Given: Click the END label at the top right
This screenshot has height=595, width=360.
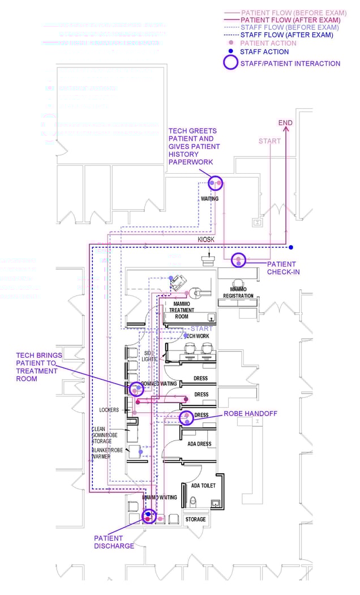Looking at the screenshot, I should pyautogui.click(x=286, y=123).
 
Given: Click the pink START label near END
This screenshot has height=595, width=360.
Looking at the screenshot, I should pyautogui.click(x=269, y=141).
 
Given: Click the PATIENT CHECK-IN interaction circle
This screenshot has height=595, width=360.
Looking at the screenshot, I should pyautogui.click(x=239, y=260).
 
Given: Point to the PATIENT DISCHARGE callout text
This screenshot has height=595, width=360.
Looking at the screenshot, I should pyautogui.click(x=114, y=542).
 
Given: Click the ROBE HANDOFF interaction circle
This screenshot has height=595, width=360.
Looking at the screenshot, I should pyautogui.click(x=186, y=418).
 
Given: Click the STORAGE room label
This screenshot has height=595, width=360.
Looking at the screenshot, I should pyautogui.click(x=196, y=519).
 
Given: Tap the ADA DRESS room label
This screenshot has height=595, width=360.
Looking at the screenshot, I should pyautogui.click(x=199, y=444).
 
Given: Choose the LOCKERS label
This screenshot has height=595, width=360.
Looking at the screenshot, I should pyautogui.click(x=109, y=410).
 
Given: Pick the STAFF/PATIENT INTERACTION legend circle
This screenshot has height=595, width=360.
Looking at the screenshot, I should pyautogui.click(x=230, y=63).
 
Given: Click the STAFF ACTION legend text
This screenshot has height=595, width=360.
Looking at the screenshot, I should pyautogui.click(x=264, y=52).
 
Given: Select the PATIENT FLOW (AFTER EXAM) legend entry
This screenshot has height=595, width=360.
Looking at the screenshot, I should pyautogui.click(x=290, y=20).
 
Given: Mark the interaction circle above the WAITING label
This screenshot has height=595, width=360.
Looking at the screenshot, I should pyautogui.click(x=215, y=183).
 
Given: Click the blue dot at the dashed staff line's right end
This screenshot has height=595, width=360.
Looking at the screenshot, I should pyautogui.click(x=290, y=247).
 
